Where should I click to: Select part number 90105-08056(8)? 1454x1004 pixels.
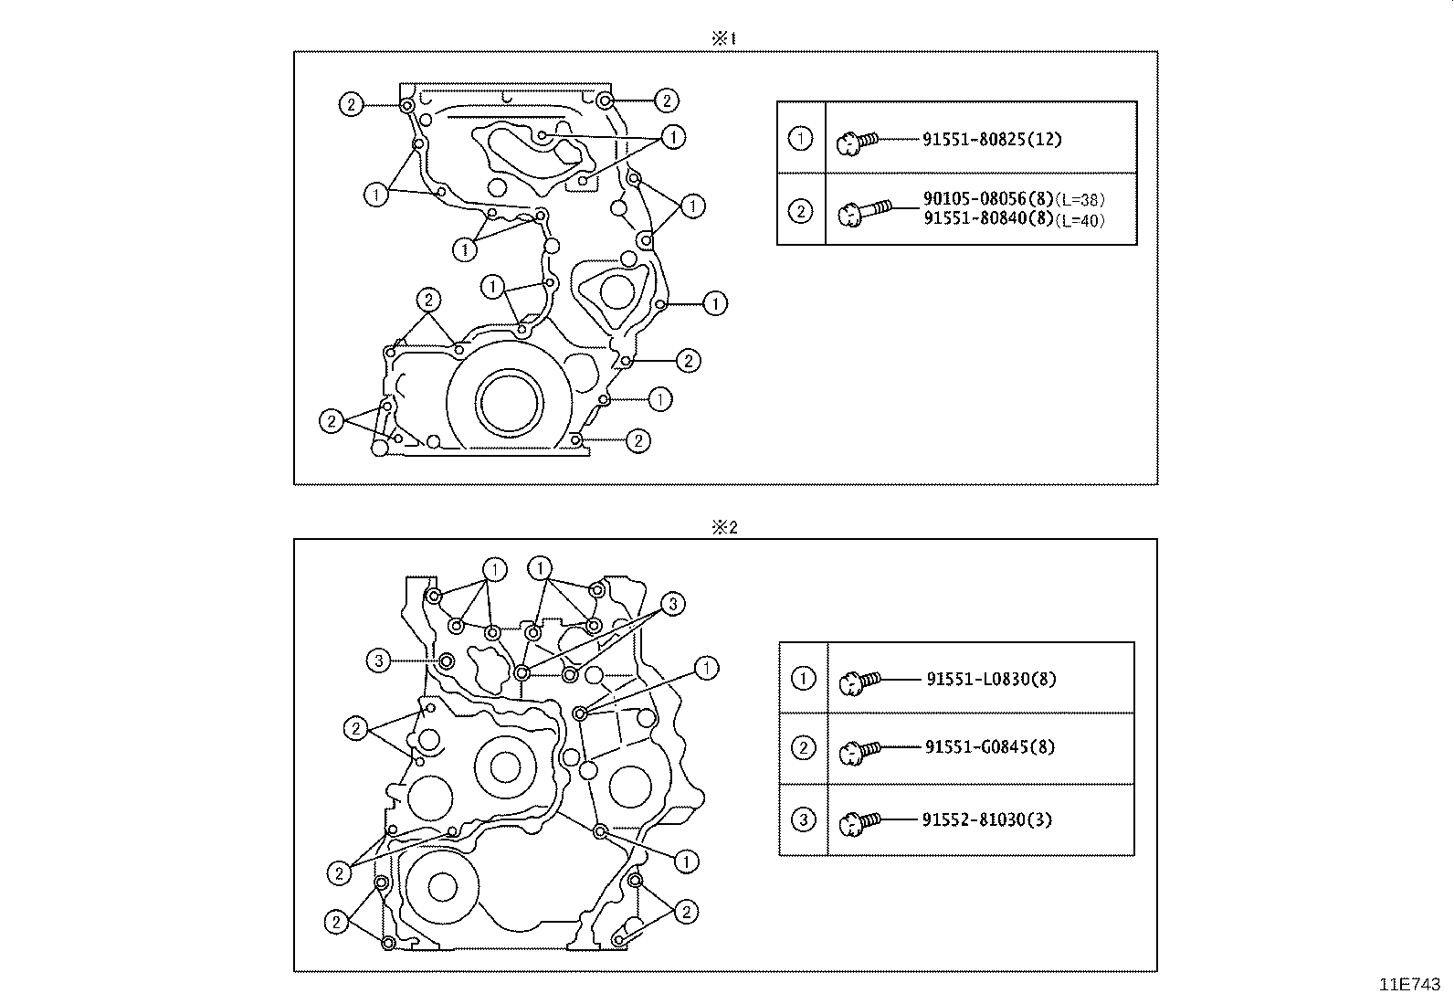coord(988,200)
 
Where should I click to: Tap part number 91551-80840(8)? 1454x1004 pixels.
coord(988,218)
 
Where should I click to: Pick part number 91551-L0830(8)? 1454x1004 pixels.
coord(991,679)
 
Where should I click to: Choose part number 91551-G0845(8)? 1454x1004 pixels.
coord(989,747)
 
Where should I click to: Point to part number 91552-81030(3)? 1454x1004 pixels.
coord(986,819)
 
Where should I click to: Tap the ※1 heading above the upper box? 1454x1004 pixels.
coord(723,38)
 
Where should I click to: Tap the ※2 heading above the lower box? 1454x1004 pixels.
coord(723,527)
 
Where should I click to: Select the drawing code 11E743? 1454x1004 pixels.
coord(1409,985)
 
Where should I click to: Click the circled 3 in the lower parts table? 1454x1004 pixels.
coord(803,819)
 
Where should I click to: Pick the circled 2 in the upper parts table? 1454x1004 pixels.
coord(800,212)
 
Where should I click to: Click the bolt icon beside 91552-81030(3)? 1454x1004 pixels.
coord(859,821)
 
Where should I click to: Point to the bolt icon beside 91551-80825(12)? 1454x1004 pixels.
coord(856,141)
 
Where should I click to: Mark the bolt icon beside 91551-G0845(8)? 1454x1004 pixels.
coord(859,750)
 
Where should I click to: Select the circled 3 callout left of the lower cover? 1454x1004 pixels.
coord(380,661)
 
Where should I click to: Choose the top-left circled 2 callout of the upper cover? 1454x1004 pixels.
coord(352,104)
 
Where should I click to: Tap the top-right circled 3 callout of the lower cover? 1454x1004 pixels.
coord(671,604)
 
